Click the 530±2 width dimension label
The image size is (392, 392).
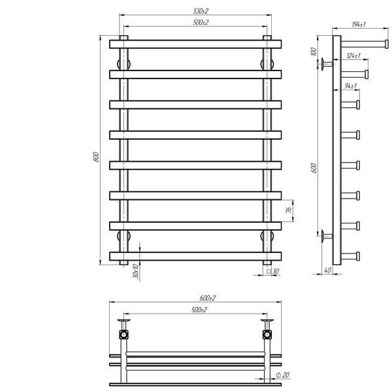point(201,11)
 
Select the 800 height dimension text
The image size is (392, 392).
point(97,157)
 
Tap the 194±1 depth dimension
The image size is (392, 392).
point(359,24)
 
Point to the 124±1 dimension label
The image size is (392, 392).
point(353,56)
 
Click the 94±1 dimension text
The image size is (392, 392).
point(350,86)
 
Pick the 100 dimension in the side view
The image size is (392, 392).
point(313,52)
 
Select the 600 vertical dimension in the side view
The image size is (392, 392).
point(314,168)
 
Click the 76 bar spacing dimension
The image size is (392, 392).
point(289,210)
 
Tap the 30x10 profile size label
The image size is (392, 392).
point(135,271)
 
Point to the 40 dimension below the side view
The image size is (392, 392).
point(327,270)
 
